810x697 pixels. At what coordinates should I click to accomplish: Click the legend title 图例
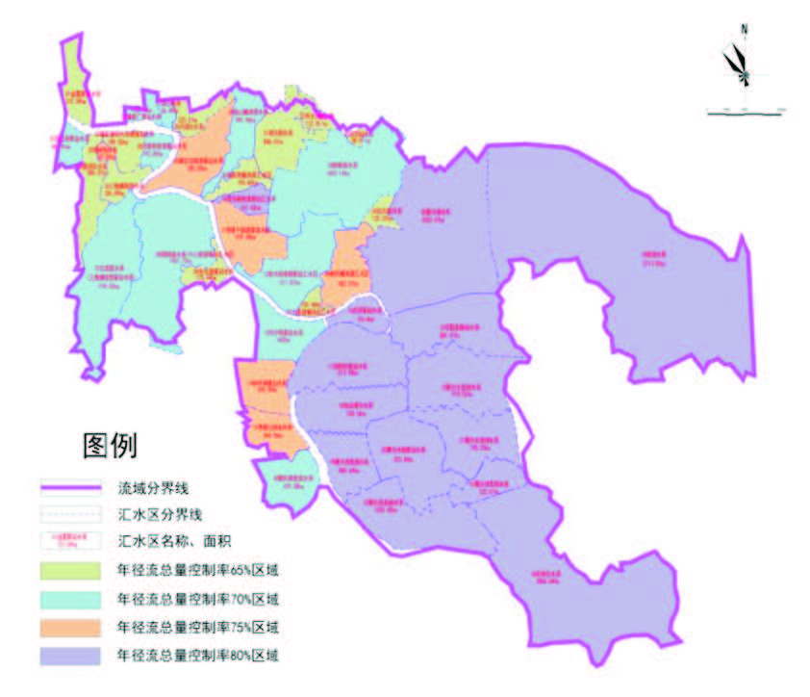point(111,445)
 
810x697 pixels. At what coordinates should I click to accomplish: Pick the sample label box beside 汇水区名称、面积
point(70,542)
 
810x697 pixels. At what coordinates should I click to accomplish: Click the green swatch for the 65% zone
point(70,571)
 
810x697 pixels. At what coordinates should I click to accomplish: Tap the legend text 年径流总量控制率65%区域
point(201,571)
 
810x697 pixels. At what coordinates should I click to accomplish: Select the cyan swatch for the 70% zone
point(70,599)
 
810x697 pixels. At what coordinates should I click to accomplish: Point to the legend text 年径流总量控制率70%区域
point(201,599)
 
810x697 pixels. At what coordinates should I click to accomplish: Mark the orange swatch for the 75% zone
point(70,628)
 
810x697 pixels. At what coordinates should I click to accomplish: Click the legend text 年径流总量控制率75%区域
point(201,628)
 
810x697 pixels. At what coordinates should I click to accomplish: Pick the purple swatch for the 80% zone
point(70,657)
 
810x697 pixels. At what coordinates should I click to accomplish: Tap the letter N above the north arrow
point(744,30)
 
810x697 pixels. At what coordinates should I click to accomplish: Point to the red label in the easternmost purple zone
point(653,259)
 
